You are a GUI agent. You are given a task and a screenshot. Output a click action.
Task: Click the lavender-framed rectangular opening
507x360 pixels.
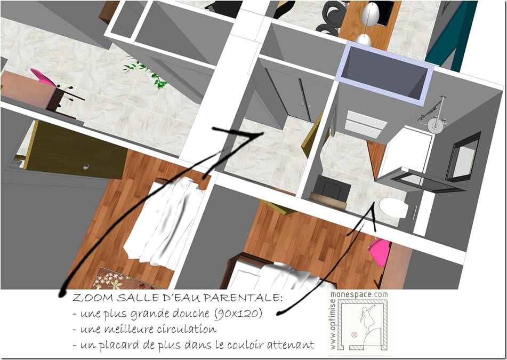(x=384, y=74)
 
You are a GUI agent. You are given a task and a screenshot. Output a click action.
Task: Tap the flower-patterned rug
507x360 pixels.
(x=121, y=278)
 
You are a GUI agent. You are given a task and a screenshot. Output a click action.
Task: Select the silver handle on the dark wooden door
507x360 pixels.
(x=86, y=167)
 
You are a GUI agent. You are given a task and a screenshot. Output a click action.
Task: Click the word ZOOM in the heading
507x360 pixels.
(x=93, y=298)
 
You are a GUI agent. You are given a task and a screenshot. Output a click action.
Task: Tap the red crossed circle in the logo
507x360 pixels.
(x=354, y=335)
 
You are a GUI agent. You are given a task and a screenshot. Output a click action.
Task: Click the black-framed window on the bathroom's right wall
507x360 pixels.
(x=463, y=157)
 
